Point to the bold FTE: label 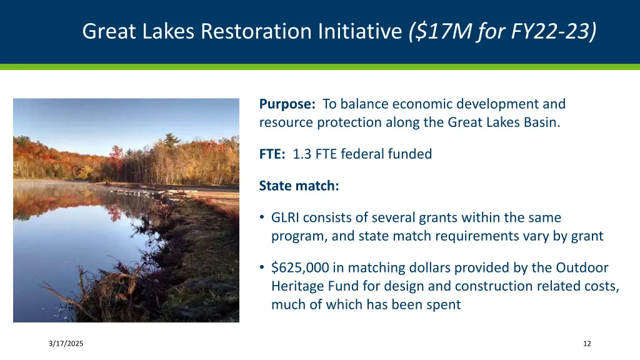(x=272, y=154)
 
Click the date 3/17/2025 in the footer (x=66, y=344)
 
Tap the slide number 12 (x=586, y=344)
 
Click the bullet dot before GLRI (x=262, y=218)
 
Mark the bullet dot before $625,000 (x=262, y=268)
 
